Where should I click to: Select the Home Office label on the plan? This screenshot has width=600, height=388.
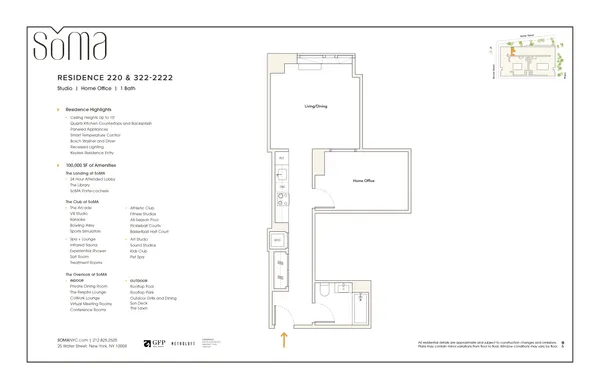pyautogui.click(x=364, y=181)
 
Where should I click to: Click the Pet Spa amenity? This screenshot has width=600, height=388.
pyautogui.click(x=138, y=256)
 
